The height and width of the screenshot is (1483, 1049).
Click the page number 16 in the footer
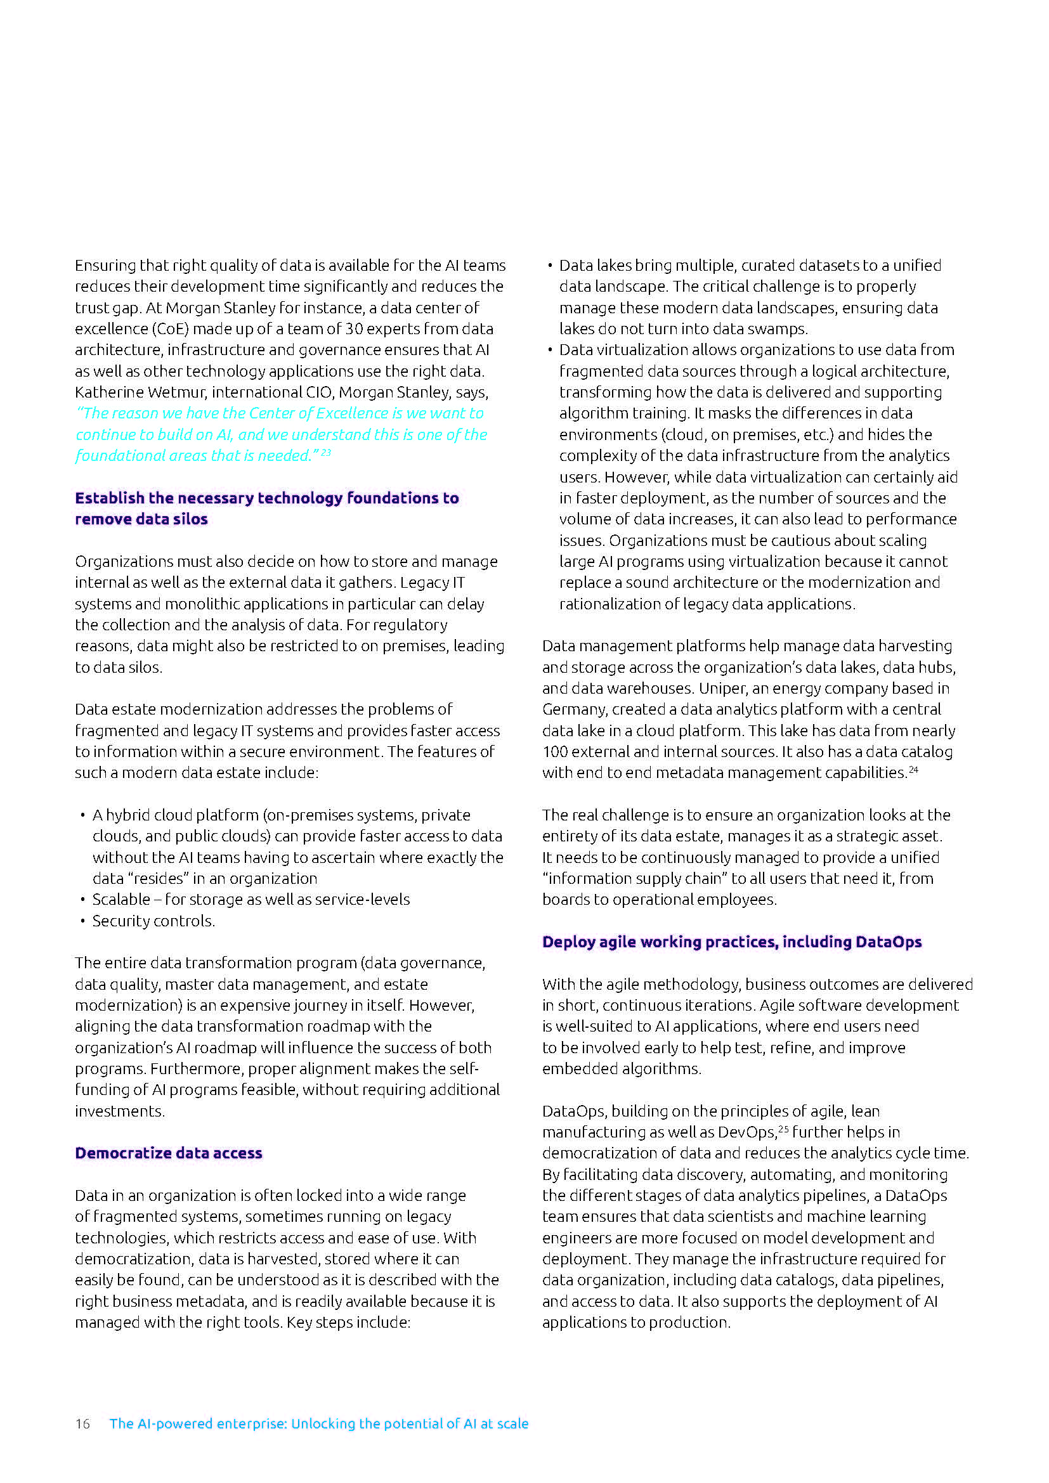(x=82, y=1423)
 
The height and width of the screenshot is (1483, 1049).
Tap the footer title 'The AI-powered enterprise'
(x=318, y=1423)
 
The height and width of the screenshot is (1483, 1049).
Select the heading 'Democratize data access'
(x=169, y=1153)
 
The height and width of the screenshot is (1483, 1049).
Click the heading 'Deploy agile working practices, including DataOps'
(x=731, y=942)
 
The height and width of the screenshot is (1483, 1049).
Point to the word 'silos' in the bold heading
(x=190, y=519)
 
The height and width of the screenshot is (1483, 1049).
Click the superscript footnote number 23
(x=326, y=453)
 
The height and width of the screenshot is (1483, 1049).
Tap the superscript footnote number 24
(x=913, y=769)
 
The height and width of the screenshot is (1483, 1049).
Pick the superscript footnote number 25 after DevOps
(x=783, y=1129)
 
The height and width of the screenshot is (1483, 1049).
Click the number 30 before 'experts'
(x=354, y=329)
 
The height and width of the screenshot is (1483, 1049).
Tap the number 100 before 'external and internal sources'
(x=555, y=752)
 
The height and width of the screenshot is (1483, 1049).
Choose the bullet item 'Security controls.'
(x=153, y=921)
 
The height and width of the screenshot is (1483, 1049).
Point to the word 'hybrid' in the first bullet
(x=127, y=815)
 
